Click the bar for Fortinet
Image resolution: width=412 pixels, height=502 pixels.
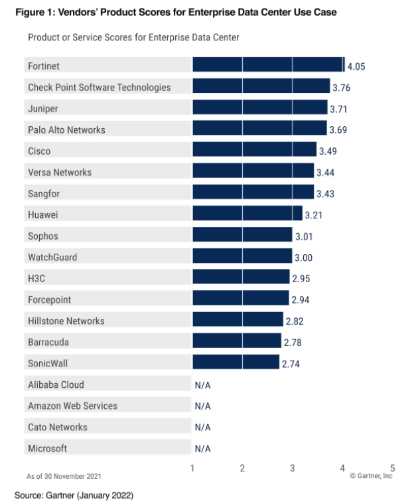(268, 65)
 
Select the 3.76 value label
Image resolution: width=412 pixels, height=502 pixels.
(341, 88)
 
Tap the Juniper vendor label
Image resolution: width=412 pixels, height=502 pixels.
(43, 109)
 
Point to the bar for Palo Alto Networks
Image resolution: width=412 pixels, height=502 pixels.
(259, 129)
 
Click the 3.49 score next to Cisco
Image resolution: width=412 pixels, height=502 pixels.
(328, 151)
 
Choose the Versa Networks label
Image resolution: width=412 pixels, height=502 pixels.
(60, 172)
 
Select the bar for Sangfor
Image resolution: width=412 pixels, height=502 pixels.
(253, 193)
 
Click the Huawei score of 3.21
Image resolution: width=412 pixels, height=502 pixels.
(313, 215)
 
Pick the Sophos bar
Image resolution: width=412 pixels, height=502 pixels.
(242, 236)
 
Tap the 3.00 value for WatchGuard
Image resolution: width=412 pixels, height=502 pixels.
(303, 258)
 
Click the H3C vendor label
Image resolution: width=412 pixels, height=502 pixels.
(36, 279)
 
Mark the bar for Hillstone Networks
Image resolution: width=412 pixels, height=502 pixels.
(238, 321)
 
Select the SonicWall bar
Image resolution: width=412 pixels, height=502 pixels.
(236, 363)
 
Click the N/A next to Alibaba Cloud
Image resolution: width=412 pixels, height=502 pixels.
(202, 385)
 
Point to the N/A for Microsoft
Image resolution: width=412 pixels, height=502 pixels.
(202, 449)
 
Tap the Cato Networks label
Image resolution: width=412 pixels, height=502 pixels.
(58, 427)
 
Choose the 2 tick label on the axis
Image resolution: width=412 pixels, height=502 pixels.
(242, 468)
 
